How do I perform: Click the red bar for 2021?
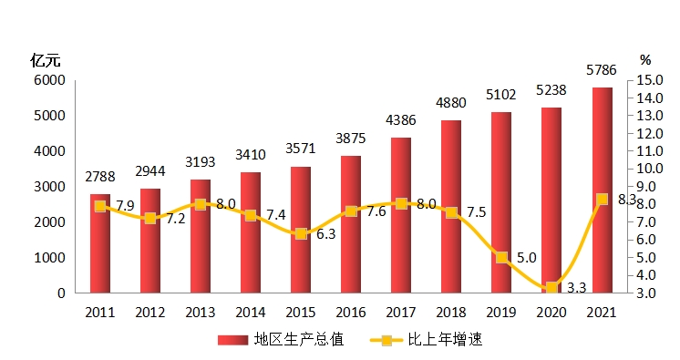point(602,190)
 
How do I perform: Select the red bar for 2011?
point(100,243)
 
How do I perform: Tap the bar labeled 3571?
point(301,230)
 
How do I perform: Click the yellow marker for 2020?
point(551,287)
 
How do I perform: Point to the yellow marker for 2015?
point(301,234)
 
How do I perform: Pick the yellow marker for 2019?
point(501,258)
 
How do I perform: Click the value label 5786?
point(602,70)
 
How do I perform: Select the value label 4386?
point(401,120)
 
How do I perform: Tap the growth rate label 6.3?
point(325,234)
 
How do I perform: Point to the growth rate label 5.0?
point(527,258)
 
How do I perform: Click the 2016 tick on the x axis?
point(351,313)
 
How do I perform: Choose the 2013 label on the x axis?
point(201,313)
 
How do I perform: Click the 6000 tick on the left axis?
point(49,80)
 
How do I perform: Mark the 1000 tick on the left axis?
point(49,258)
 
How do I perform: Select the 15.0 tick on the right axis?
point(650,80)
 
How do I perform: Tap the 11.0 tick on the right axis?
point(650,151)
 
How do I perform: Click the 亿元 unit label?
point(46,61)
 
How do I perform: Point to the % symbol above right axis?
point(645,60)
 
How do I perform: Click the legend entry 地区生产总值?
point(281,340)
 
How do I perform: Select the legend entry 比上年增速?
point(426,340)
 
